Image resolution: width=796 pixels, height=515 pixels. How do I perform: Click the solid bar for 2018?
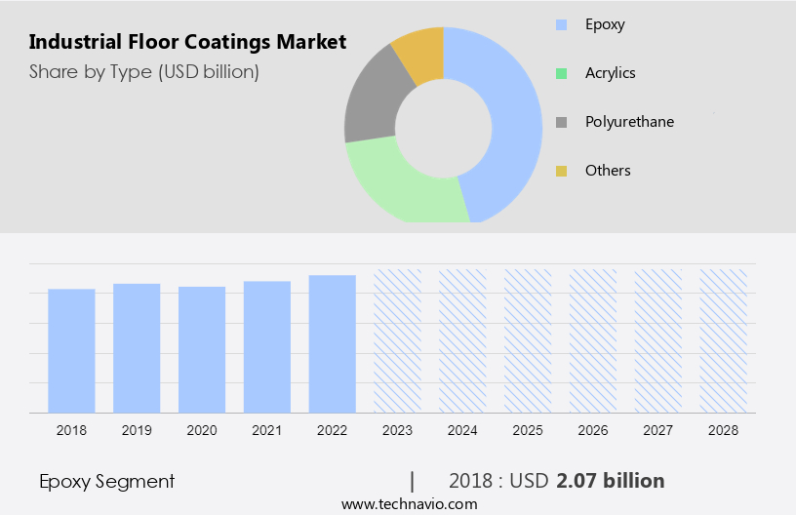tap(71, 350)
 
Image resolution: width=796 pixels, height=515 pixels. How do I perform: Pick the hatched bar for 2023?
tap(398, 340)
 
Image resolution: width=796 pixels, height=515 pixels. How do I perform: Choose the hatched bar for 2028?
tap(724, 340)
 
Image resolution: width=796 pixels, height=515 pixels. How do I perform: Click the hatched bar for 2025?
tap(528, 340)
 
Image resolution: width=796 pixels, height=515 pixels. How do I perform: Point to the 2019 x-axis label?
tap(137, 430)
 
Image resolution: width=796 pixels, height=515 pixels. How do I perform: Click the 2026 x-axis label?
tap(593, 430)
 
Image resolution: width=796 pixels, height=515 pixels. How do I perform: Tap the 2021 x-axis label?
tap(267, 430)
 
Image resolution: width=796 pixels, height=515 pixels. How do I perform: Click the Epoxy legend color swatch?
tap(561, 24)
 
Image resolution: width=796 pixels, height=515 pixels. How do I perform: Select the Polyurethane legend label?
tap(629, 122)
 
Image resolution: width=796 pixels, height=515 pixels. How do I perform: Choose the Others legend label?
tap(608, 171)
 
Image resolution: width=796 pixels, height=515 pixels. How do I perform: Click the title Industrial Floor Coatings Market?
tap(187, 42)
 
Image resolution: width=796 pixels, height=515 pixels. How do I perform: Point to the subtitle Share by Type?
tap(144, 71)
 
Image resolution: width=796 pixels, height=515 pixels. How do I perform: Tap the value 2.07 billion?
tap(611, 481)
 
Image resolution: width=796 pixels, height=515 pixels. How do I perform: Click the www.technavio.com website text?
tap(409, 504)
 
